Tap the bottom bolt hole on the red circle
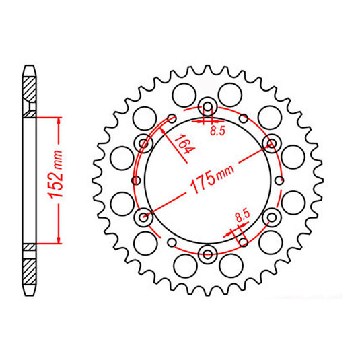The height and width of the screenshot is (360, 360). click(x=207, y=254)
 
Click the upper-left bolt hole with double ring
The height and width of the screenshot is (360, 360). click(x=143, y=142)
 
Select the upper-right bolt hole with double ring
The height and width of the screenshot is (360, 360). click(x=272, y=142)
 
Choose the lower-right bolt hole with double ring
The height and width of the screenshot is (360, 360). click(x=272, y=217)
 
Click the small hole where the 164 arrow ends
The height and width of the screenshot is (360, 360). click(x=171, y=118)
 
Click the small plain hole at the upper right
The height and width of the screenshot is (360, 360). click(x=243, y=118)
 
